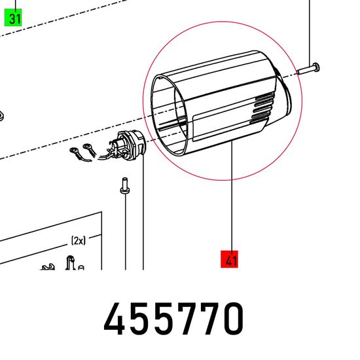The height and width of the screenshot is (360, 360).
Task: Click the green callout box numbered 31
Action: coord(13,17)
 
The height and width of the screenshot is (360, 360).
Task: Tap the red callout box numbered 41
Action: coord(229,259)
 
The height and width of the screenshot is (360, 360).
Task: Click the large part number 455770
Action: coord(174,319)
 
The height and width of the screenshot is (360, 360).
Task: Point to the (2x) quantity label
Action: coord(79,241)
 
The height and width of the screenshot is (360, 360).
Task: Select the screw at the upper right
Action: coord(308,69)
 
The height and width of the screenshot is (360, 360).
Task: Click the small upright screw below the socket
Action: coord(124,186)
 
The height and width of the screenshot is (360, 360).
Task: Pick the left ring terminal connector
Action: coord(77,154)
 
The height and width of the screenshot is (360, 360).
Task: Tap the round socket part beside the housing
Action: coord(130,145)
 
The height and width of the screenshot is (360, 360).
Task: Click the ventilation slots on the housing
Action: coord(262,108)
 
